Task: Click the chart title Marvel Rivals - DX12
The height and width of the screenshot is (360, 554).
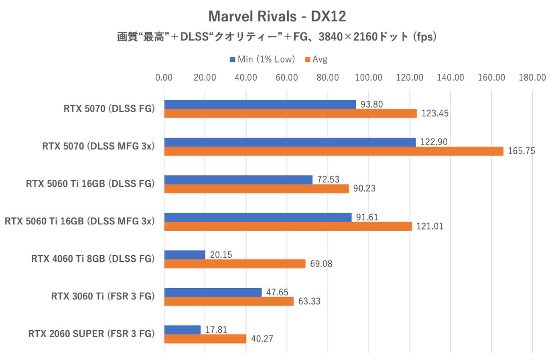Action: click(277, 16)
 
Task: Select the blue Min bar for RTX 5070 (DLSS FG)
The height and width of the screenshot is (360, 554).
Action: click(260, 104)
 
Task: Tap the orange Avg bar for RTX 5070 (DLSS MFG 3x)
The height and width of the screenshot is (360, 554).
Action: click(333, 151)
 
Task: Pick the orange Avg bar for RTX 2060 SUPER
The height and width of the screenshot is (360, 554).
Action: click(205, 339)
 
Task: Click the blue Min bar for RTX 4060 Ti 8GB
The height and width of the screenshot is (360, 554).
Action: click(185, 255)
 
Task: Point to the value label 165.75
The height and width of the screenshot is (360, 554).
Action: click(521, 151)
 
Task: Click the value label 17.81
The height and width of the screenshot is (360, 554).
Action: click(216, 330)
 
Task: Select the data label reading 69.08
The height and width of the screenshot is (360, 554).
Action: click(321, 264)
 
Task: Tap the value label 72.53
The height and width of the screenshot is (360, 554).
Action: click(328, 179)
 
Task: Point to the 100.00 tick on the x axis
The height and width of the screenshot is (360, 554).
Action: click(369, 77)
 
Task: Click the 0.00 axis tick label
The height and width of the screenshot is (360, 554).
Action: click(164, 77)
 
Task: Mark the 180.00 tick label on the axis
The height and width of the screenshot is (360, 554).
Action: click(532, 77)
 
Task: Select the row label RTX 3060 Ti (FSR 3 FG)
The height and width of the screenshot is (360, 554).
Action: click(103, 297)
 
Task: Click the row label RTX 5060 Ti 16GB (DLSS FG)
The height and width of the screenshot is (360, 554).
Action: click(90, 184)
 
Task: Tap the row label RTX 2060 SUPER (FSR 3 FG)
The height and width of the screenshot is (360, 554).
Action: click(91, 334)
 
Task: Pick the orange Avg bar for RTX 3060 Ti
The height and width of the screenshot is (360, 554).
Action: click(229, 301)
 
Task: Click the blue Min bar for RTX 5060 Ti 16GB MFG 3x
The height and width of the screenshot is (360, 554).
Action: click(258, 217)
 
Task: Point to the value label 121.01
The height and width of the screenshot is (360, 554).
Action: click(430, 226)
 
